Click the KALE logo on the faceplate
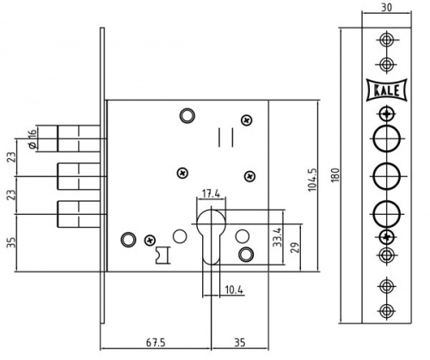[387, 90]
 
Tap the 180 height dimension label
[335, 174]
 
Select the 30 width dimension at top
[386, 8]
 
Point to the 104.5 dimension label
[312, 180]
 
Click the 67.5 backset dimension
[156, 342]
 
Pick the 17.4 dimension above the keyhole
[211, 193]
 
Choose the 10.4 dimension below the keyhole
[234, 290]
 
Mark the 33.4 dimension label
[278, 236]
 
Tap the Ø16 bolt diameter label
[33, 139]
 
